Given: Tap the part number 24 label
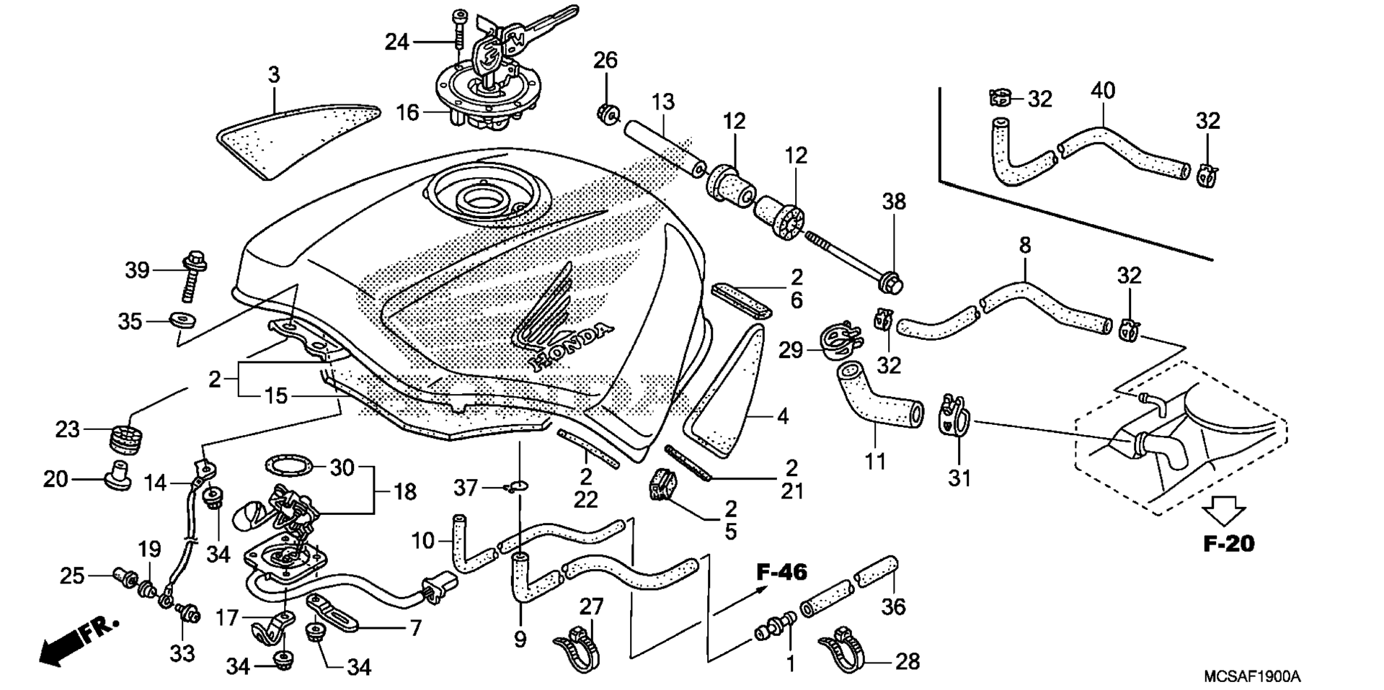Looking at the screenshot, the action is [396, 42].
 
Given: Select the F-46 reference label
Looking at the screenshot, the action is [782, 572].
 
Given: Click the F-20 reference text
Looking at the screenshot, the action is [1229, 543].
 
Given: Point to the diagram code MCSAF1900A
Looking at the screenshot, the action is [1252, 676].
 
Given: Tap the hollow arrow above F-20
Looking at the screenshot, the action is [1224, 512].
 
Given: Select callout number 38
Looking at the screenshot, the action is [894, 202].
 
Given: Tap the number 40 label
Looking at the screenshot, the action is [1103, 91].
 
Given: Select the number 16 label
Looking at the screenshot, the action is [408, 113].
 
